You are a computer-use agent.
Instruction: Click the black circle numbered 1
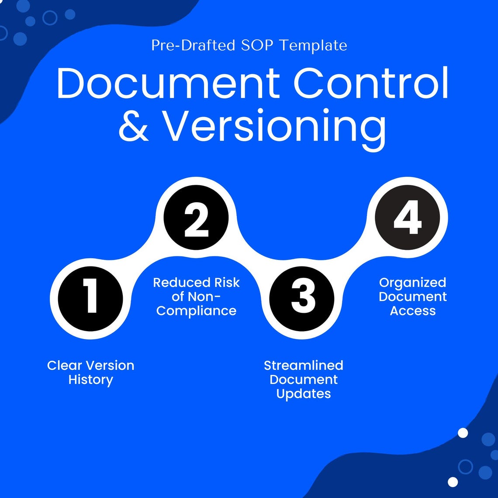91,299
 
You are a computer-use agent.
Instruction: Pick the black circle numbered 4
408,218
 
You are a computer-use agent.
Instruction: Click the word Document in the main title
168,83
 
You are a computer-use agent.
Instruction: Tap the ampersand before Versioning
133,126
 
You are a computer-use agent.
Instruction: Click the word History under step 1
91,380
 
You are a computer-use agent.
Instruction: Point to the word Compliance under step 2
196,311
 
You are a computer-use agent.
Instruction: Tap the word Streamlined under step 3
304,365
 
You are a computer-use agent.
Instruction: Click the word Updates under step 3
304,394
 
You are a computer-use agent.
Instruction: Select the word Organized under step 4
413,283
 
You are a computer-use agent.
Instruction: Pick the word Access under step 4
413,311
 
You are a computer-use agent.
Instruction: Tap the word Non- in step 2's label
204,297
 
